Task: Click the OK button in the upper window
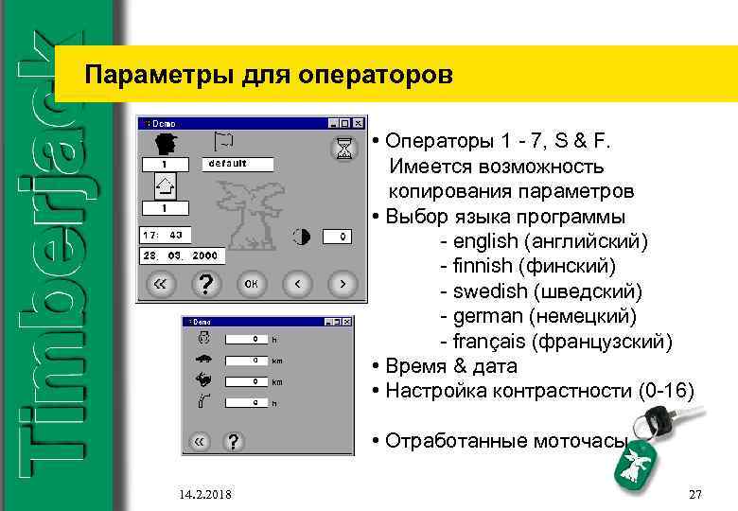point(252,283)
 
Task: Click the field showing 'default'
point(237,163)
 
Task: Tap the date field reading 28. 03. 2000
point(181,256)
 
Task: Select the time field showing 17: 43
point(166,234)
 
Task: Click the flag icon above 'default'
point(223,141)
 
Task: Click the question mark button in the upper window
point(205,283)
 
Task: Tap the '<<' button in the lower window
point(200,441)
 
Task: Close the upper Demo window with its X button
point(357,124)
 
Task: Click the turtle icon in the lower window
point(203,359)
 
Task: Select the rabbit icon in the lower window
point(203,380)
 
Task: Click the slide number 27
point(695,494)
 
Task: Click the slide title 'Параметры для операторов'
point(269,73)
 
